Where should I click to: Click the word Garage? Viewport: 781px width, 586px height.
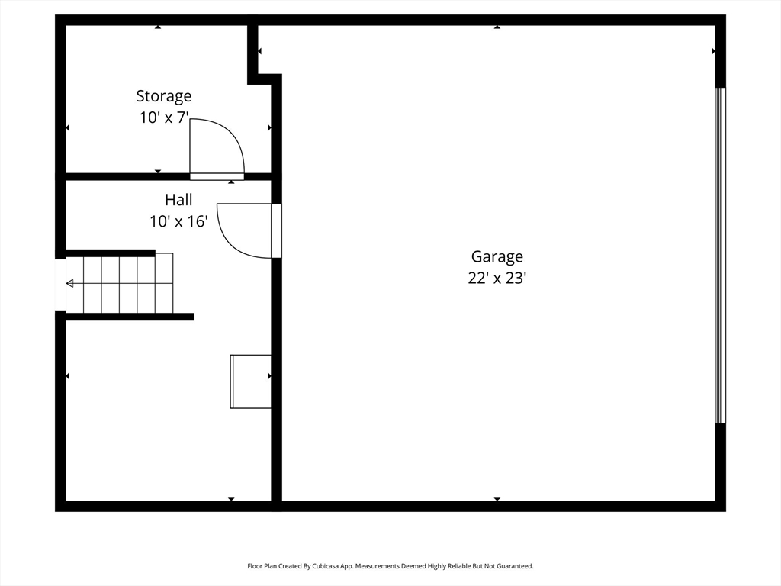point(497,257)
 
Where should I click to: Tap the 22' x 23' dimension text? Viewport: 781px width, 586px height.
point(497,279)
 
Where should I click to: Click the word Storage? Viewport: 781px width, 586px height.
point(164,96)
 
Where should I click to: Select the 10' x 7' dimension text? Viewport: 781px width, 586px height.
point(164,118)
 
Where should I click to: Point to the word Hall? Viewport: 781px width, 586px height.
point(178,200)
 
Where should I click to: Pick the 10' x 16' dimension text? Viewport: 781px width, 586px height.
point(178,221)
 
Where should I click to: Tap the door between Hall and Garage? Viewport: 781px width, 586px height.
point(276,230)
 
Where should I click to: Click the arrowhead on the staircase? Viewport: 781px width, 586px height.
point(70,284)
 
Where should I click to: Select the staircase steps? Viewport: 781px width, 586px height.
point(122,284)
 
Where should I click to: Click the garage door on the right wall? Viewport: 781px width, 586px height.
point(720,256)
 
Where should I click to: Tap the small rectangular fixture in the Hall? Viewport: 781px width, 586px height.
point(251,382)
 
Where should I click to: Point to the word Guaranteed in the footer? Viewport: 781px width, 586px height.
point(514,566)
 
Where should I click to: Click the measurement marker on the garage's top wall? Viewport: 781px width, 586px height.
point(497,27)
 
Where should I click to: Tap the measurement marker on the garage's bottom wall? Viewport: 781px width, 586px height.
point(497,499)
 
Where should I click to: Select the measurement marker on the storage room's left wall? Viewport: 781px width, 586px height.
point(68,127)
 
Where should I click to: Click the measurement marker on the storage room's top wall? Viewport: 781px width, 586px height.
point(158,27)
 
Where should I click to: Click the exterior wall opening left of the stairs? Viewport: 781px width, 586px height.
point(60,284)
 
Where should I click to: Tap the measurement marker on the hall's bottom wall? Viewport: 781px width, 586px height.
point(231,499)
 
